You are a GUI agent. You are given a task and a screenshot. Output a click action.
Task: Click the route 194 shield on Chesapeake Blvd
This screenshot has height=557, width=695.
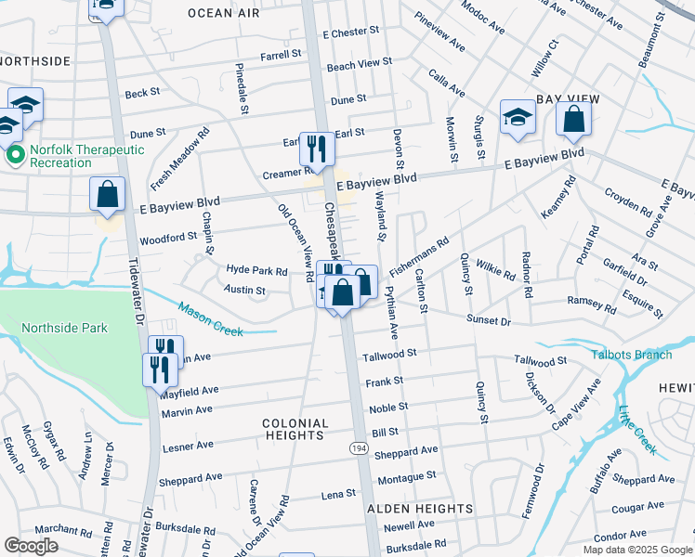tap(359, 448)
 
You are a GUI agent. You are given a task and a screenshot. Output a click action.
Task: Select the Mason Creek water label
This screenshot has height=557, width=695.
tap(210, 319)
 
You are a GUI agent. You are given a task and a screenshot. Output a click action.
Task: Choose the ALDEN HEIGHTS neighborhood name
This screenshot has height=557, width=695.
tap(419, 509)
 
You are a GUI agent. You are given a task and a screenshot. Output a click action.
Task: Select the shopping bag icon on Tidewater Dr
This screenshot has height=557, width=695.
tap(108, 195)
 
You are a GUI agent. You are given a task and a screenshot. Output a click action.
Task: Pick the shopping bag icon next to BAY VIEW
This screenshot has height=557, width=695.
tap(573, 119)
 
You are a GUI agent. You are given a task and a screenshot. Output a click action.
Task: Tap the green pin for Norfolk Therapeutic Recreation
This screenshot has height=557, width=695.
tap(15, 155)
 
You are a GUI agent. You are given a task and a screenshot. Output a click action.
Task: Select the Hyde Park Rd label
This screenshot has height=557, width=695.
tap(256, 271)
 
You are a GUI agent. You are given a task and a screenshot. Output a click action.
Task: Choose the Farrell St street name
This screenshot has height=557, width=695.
tap(281, 55)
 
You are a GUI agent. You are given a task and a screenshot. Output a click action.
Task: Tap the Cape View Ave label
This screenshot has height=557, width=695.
tap(575, 404)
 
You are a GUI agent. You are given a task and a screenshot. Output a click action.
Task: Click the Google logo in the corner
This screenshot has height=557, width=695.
tap(31, 545)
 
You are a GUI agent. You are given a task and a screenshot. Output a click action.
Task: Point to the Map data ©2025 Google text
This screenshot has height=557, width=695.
tap(636, 550)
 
